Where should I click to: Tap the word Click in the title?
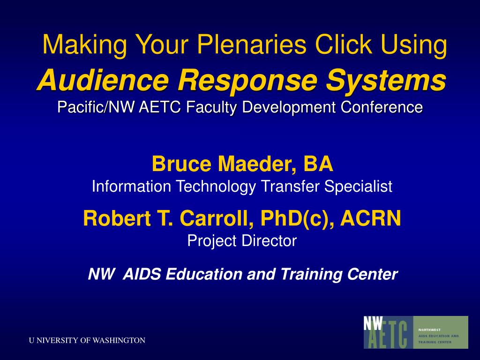tap(343, 44)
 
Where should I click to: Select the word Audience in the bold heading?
tap(103, 80)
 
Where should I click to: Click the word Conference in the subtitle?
tap(382, 107)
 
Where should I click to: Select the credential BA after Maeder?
tap(318, 164)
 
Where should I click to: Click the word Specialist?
tap(358, 187)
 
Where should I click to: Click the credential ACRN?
tap(371, 218)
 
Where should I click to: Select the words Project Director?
tap(242, 241)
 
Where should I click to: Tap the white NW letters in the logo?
tap(373, 323)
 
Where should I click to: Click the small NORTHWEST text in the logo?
tap(429, 330)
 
